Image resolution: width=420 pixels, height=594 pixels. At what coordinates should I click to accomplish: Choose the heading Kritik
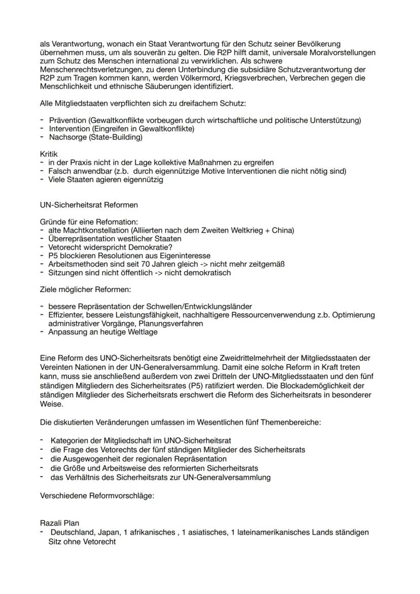pos(49,154)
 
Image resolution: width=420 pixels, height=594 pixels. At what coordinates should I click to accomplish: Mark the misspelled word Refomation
pos(118,222)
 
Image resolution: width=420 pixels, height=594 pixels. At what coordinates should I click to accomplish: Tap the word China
pos(279,230)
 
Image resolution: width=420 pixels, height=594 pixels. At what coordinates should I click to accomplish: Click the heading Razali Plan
pos(59,523)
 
